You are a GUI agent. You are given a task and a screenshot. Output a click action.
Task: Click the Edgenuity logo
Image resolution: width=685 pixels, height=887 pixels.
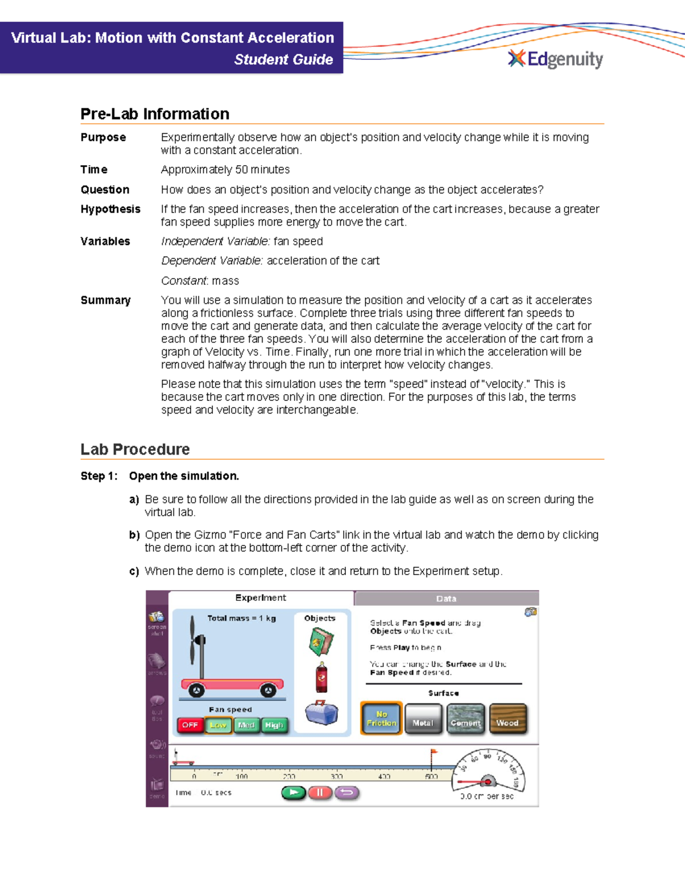[555, 59]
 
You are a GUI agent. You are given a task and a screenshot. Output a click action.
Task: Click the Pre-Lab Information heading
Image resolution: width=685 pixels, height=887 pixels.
[155, 114]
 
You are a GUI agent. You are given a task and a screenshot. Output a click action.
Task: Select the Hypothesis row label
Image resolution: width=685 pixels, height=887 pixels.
[110, 209]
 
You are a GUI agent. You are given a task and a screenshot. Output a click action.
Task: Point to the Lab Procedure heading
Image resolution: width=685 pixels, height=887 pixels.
[135, 449]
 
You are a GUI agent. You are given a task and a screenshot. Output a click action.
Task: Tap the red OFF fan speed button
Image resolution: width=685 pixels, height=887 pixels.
[190, 725]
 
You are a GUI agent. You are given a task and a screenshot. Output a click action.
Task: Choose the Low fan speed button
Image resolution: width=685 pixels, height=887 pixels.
[218, 725]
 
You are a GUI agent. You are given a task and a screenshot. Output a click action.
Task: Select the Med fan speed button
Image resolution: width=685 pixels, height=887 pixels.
[246, 725]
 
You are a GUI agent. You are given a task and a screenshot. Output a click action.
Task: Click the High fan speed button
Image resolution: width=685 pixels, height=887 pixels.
[274, 725]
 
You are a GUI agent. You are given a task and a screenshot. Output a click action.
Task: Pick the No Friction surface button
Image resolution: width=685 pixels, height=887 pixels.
[381, 718]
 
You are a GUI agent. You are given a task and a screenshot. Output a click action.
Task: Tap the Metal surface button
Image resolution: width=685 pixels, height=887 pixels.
[423, 719]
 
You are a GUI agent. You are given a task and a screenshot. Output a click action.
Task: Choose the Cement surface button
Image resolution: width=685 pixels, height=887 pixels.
[465, 719]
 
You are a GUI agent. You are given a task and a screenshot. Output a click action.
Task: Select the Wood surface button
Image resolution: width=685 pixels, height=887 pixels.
[507, 719]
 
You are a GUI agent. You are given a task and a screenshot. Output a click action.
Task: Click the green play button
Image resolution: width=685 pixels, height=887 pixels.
[294, 792]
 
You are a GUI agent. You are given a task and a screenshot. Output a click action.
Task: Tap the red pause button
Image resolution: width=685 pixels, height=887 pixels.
[320, 792]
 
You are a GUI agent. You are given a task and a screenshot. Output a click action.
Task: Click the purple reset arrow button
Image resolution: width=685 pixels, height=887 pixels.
[346, 792]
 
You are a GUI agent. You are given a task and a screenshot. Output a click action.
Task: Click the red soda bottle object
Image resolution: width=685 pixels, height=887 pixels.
[322, 677]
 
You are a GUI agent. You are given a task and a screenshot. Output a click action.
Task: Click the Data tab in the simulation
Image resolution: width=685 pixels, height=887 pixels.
[446, 599]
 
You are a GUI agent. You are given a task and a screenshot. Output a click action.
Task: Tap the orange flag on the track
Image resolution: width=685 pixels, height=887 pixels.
[433, 753]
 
